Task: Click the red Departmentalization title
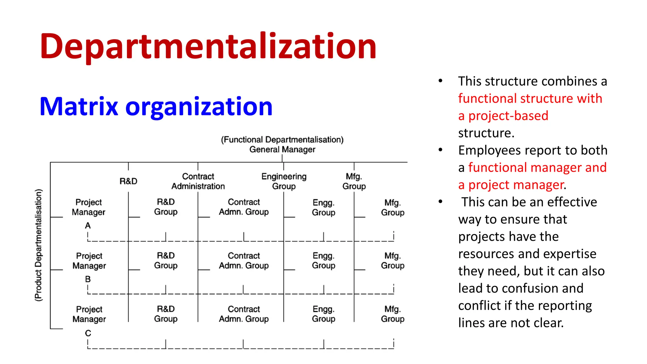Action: [x=208, y=47]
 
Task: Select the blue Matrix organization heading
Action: [x=156, y=106]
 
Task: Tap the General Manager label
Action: [x=282, y=149]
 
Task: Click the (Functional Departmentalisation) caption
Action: [x=282, y=140]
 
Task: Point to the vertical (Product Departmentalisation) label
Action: [x=38, y=245]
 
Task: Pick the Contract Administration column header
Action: [x=198, y=181]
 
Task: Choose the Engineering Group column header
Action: [x=284, y=181]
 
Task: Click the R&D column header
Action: [x=128, y=181]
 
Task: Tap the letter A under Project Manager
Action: [x=88, y=226]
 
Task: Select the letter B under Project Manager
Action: [x=88, y=279]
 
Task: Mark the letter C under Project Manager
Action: [x=88, y=333]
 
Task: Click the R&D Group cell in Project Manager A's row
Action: [x=166, y=207]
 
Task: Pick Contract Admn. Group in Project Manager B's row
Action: [x=244, y=261]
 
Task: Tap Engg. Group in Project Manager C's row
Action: [x=323, y=314]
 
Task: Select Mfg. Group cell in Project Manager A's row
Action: [x=393, y=208]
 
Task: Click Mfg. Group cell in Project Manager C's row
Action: [x=393, y=314]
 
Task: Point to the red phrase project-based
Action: [x=508, y=116]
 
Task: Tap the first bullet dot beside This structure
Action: [x=440, y=81]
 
